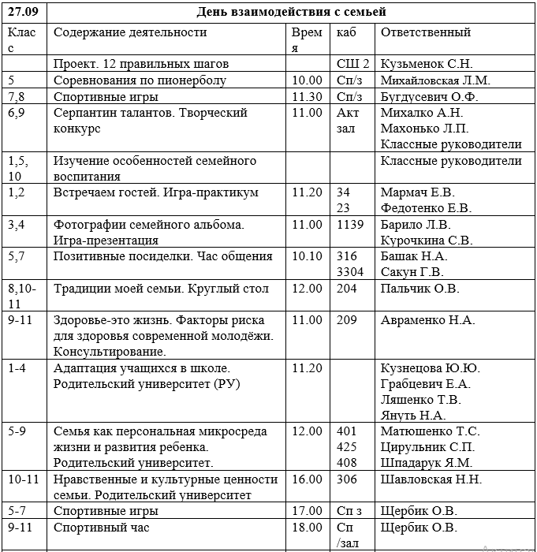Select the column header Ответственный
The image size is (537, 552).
[426, 32]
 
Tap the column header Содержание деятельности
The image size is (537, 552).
[130, 32]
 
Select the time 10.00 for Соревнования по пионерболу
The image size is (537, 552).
[307, 80]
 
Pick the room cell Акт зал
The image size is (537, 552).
[348, 121]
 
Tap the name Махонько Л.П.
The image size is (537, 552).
[424, 129]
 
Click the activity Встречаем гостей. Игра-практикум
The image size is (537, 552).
[156, 192]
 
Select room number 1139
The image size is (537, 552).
[350, 225]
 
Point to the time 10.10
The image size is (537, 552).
[307, 256]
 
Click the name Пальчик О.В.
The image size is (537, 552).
[420, 289]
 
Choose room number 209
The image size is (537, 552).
[347, 320]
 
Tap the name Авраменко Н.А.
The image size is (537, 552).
[427, 320]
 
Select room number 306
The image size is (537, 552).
[347, 479]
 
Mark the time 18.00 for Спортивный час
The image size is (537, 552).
[307, 528]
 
